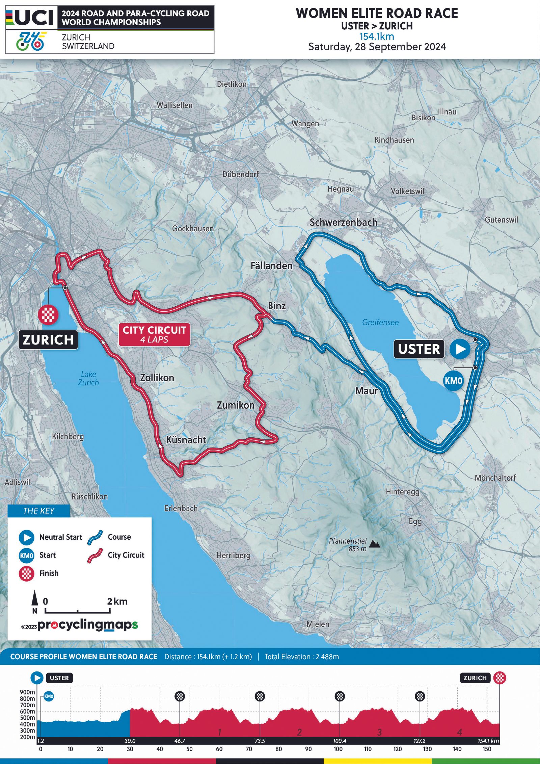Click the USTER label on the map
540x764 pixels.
(x=419, y=349)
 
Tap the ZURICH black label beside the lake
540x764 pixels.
(x=48, y=339)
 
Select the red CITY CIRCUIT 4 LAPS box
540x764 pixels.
(x=154, y=334)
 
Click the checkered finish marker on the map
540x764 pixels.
(x=48, y=314)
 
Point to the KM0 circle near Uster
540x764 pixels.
(x=453, y=381)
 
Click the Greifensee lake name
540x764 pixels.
(x=380, y=322)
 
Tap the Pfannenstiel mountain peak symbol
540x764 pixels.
(x=374, y=544)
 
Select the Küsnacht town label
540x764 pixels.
(x=186, y=440)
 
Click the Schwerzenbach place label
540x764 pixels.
(x=343, y=222)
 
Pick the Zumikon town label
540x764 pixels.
(x=236, y=405)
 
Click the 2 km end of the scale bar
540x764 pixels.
(x=110, y=611)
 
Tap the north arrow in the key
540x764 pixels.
(x=35, y=600)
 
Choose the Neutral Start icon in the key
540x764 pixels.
(x=26, y=537)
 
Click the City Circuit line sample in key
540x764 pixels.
(x=95, y=555)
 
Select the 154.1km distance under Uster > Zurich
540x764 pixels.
(x=377, y=36)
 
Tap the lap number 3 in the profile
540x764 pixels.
(x=379, y=732)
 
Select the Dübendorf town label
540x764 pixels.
(x=240, y=174)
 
